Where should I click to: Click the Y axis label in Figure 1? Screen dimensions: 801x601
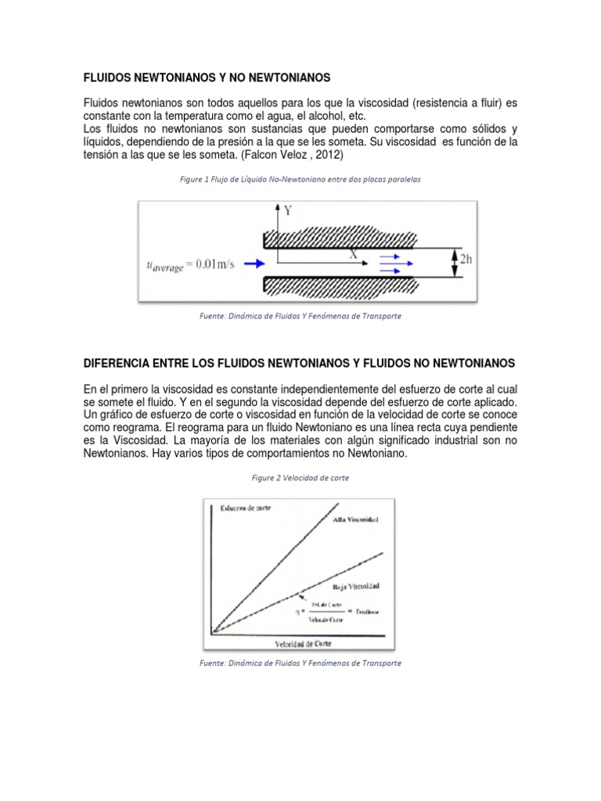pyautogui.click(x=287, y=210)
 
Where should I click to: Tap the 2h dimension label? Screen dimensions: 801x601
pyautogui.click(x=465, y=260)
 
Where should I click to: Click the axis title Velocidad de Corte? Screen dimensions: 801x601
pyautogui.click(x=303, y=643)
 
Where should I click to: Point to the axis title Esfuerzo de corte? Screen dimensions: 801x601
pyautogui.click(x=244, y=509)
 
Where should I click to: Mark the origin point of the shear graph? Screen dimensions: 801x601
pyautogui.click(x=213, y=632)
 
